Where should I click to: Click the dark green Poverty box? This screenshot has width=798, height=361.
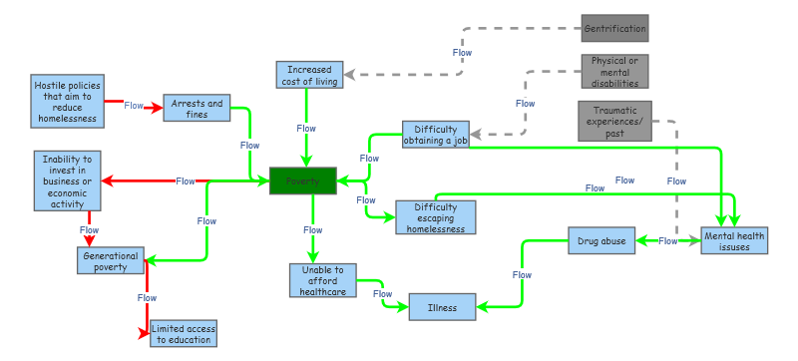(x=303, y=181)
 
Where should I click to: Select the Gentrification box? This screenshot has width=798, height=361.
(x=614, y=28)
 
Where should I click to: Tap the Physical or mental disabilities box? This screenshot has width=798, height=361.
(x=614, y=71)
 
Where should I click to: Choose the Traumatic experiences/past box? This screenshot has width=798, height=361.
(x=614, y=121)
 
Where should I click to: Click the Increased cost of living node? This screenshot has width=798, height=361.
(x=309, y=75)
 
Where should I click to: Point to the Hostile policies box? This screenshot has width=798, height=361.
(x=68, y=102)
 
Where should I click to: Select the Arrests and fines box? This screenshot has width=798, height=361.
(x=198, y=109)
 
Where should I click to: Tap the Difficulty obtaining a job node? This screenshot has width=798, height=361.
(x=435, y=135)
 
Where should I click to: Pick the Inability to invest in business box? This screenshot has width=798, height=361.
(x=68, y=180)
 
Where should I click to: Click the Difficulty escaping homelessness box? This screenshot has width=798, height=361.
(x=435, y=216)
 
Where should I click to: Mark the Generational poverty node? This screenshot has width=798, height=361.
(x=111, y=260)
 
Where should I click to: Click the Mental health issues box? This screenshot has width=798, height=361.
(x=734, y=240)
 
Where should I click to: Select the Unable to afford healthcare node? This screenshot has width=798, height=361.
(x=322, y=280)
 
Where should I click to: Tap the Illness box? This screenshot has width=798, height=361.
(x=442, y=307)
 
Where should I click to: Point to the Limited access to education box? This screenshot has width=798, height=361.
(x=183, y=334)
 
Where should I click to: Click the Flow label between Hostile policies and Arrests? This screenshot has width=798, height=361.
(x=134, y=105)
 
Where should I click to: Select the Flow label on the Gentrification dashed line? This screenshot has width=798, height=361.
(x=463, y=52)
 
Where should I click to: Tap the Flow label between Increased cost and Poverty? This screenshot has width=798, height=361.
(x=306, y=128)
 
